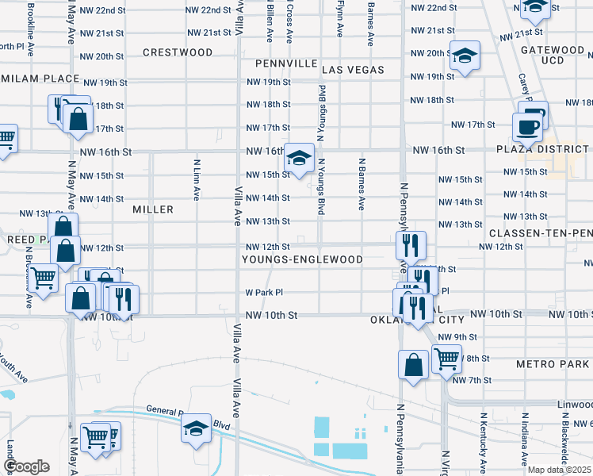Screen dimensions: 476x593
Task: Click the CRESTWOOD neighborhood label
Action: coord(178,52)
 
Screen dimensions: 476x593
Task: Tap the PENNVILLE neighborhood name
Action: coord(285,63)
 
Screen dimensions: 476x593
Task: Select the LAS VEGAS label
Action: coord(353,70)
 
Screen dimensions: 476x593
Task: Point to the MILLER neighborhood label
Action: coord(153,209)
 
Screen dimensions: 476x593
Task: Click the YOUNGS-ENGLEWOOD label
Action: coord(302,259)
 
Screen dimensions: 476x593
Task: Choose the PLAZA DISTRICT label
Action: coord(543,149)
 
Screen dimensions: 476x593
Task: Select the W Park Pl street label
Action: coord(264,293)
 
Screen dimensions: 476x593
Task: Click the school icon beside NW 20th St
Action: coord(465,56)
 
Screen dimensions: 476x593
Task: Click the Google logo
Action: coord(27,466)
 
